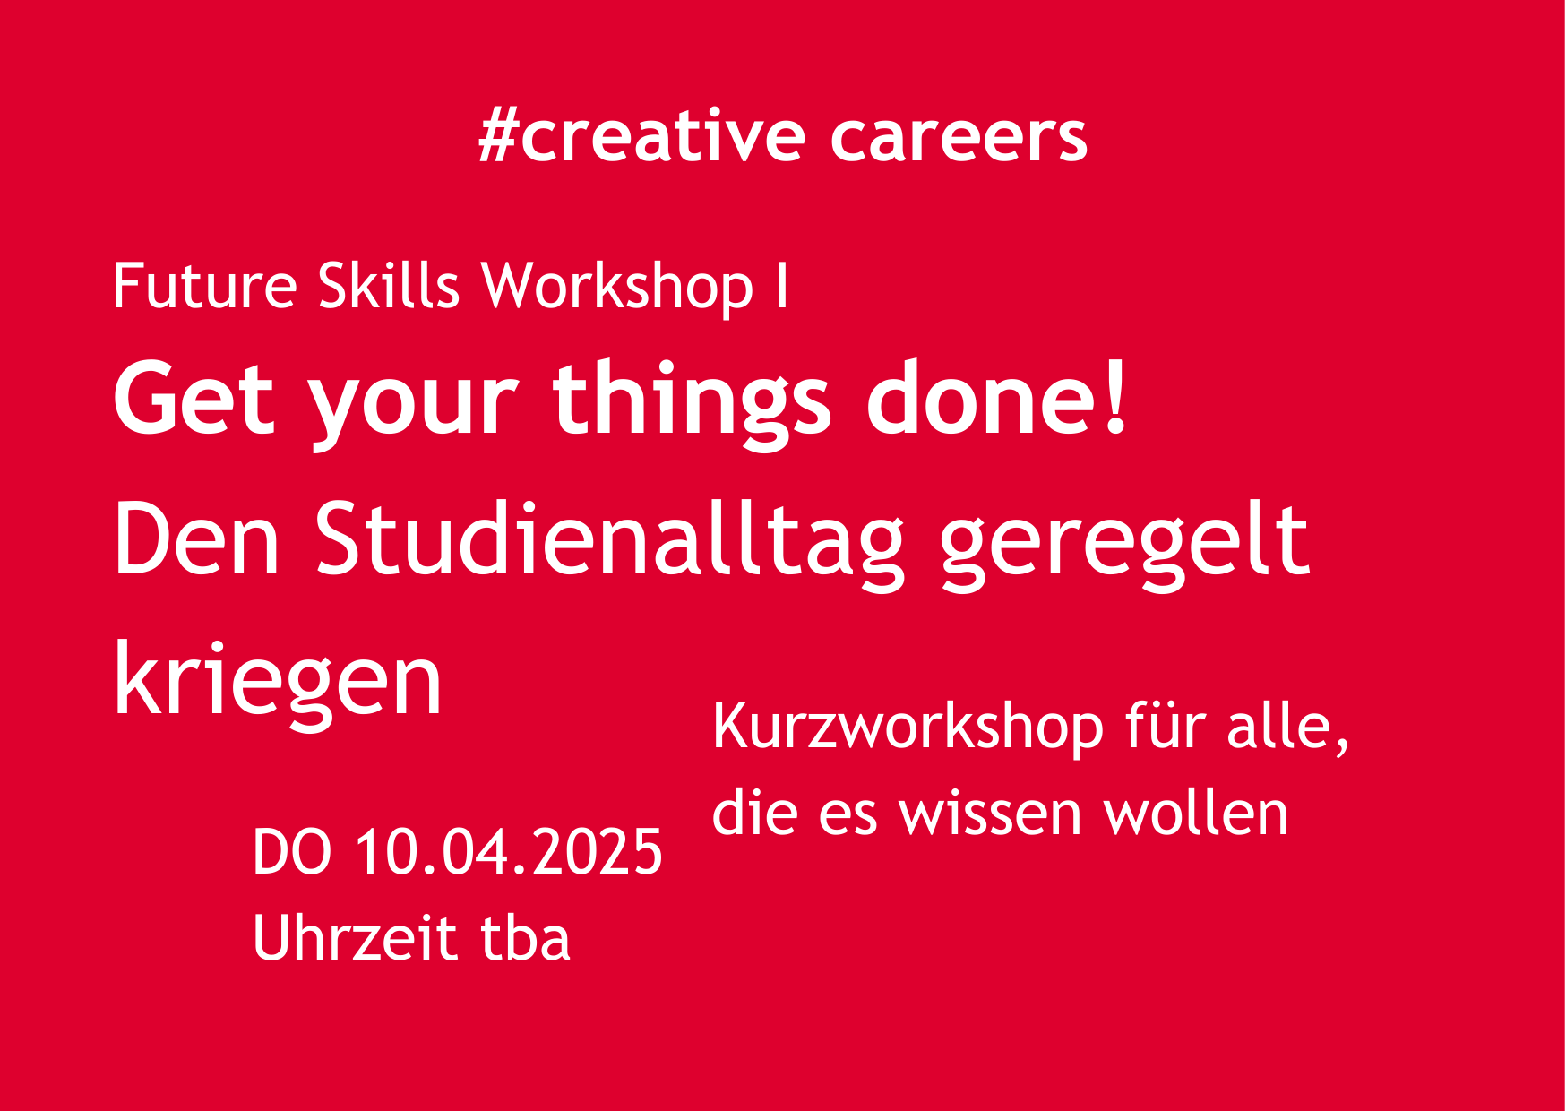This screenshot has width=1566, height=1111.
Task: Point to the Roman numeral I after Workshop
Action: (x=783, y=286)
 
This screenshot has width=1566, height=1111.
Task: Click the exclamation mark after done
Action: (x=1115, y=395)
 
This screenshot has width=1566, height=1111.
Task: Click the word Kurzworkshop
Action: (x=908, y=728)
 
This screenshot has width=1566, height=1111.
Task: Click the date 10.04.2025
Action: (x=509, y=852)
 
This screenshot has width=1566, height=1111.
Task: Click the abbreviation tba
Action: (x=526, y=937)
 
